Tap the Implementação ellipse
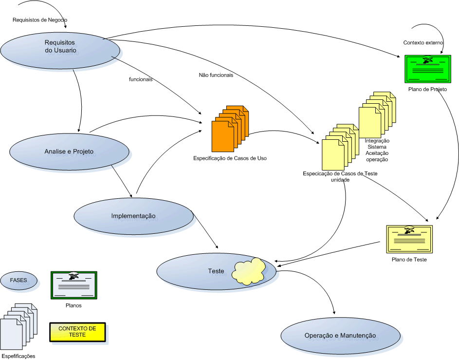pos(133,215)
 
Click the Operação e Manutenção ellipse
pos(341,336)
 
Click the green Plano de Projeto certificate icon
pos(427,69)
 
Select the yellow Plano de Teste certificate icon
pos(409,239)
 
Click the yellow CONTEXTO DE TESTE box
pos(77,332)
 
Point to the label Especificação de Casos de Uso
pos(230,158)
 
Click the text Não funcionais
pos(216,76)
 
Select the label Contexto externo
pos(423,43)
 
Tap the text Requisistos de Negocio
pos(40,20)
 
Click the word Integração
pos(377,141)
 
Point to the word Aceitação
pos(377,153)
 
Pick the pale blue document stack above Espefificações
pos(19,325)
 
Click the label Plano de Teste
pos(409,260)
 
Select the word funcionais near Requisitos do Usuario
pos(141,79)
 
